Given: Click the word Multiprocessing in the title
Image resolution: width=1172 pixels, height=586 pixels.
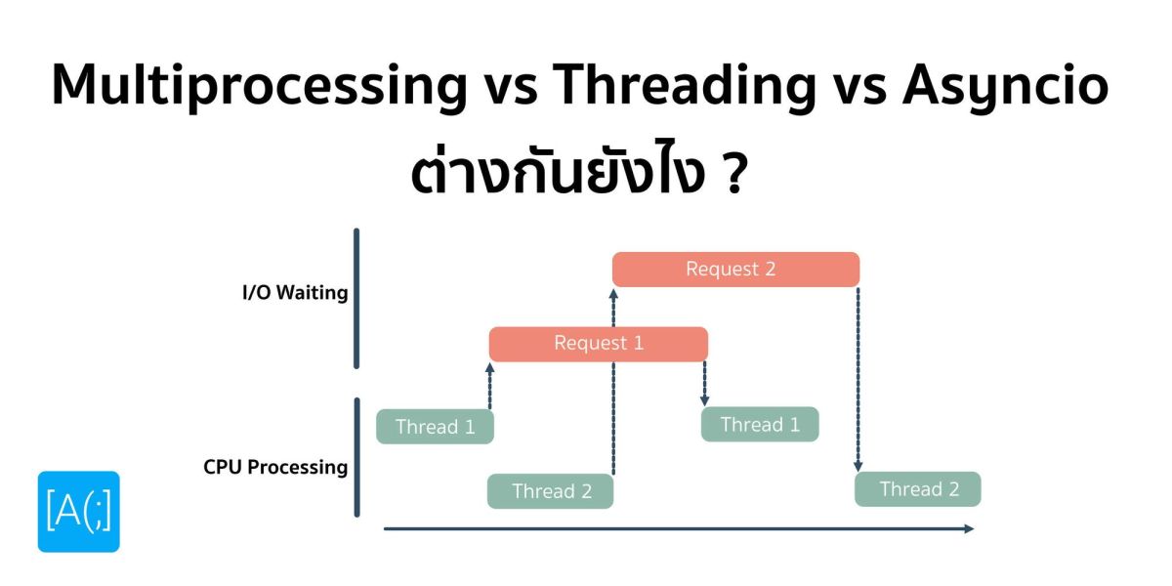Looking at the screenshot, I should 259,87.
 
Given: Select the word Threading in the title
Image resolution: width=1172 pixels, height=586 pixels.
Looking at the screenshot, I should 684,87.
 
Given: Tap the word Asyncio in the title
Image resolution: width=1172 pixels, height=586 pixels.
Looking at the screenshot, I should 1005,87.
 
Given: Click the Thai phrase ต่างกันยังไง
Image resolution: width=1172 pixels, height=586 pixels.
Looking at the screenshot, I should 559,176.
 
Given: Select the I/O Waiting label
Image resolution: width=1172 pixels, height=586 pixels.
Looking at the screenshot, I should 295,293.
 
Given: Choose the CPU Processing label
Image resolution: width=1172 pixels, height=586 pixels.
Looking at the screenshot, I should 275,467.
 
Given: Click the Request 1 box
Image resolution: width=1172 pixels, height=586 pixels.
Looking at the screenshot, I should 598,344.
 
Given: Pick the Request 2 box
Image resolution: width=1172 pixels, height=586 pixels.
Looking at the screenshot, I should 735,270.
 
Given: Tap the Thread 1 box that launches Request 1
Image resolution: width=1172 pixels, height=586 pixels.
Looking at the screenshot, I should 435,427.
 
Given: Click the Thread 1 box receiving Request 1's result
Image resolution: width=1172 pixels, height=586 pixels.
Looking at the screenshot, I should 760,425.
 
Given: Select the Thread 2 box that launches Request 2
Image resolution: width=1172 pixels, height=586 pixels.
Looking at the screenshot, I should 551,491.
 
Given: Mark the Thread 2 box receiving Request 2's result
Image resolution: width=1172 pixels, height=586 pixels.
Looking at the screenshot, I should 918,489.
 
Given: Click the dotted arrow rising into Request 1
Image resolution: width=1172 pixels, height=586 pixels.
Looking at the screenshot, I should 490,387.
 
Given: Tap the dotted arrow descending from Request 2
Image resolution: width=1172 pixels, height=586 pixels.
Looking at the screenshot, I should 858,381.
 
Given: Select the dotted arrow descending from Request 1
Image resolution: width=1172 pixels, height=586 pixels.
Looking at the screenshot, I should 704,383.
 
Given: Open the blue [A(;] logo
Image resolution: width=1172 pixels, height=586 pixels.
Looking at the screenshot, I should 79,512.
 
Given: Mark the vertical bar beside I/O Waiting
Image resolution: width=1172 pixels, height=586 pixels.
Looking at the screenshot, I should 356,298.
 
